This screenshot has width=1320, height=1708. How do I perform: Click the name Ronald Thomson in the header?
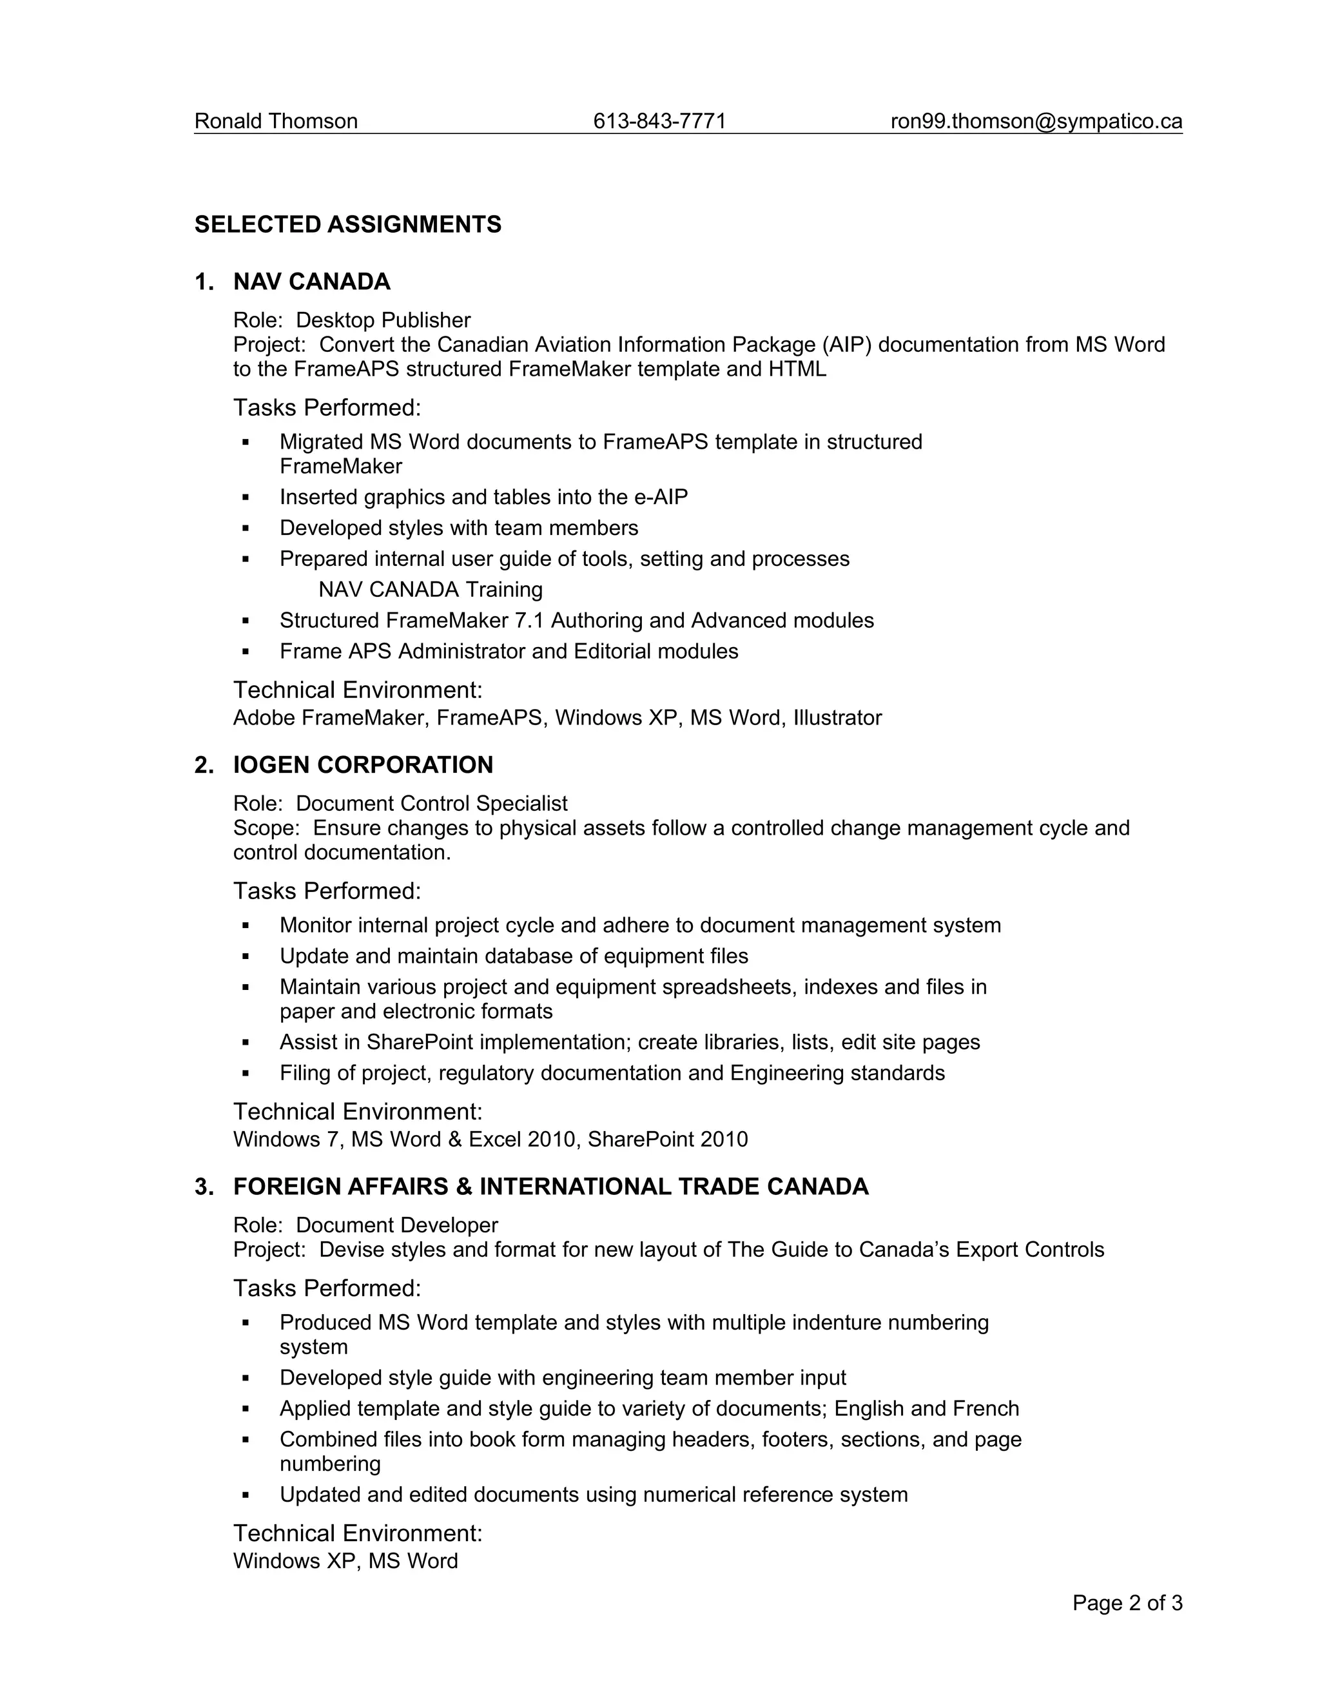275,121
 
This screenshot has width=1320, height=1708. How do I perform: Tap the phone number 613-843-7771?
659,121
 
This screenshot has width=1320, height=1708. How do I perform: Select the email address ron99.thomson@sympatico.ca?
1036,121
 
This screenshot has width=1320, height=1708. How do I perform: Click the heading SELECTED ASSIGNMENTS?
348,224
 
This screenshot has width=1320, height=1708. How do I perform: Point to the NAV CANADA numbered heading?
311,282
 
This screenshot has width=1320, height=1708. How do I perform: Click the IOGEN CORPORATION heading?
363,765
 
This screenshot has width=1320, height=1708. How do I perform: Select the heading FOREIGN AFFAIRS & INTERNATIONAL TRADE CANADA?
550,1187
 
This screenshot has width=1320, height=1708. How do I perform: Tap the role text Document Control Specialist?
431,803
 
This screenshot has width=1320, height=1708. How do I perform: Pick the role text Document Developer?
396,1225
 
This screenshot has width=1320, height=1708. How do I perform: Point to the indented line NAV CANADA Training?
430,590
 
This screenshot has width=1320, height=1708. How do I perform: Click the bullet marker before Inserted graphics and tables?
246,498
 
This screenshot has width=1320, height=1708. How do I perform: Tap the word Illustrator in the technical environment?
837,718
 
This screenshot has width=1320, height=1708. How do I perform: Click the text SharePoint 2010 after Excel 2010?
667,1140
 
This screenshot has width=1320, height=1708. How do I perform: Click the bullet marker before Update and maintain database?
246,956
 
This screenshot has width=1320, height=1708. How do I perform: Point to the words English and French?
927,1408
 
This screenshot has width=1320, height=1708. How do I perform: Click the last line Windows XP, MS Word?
345,1561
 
